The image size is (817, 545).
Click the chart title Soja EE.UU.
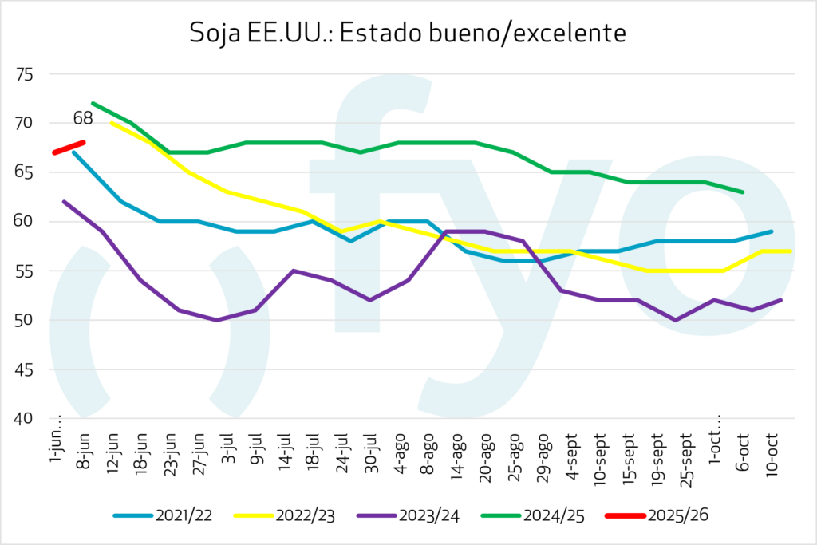[x=408, y=34]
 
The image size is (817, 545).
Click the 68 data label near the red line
[x=82, y=119]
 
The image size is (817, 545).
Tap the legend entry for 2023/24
[x=421, y=515]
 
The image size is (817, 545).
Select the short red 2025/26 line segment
[x=69, y=148]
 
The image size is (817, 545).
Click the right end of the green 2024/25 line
[x=743, y=192]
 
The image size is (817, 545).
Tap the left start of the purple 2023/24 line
[x=64, y=202]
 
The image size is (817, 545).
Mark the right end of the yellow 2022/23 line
[x=789, y=251]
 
